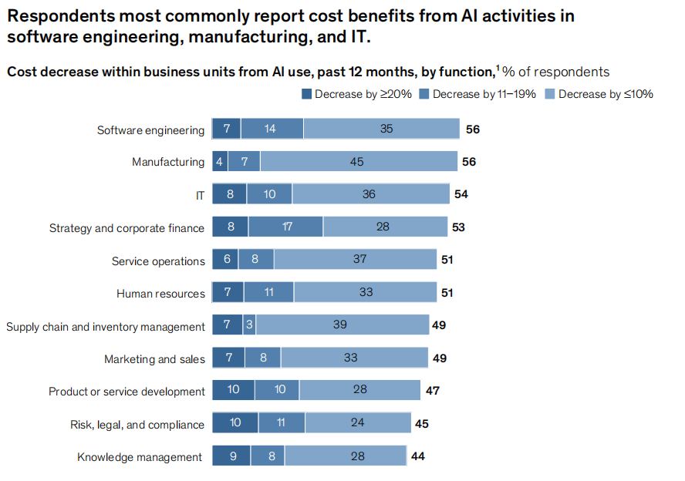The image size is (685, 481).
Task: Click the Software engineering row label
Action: click(150, 130)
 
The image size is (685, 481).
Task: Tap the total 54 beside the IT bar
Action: click(461, 194)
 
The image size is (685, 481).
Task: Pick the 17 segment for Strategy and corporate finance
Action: click(286, 227)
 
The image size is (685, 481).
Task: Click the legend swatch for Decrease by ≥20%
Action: click(306, 94)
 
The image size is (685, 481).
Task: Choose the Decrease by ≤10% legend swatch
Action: click(550, 94)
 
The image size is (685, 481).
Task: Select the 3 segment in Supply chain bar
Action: click(249, 325)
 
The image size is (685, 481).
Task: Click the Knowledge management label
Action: click(140, 457)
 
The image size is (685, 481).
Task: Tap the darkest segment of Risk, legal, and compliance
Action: click(235, 423)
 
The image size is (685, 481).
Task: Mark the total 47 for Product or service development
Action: click(433, 391)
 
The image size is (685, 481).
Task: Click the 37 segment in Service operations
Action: click(359, 260)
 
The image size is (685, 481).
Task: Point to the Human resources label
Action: click(160, 293)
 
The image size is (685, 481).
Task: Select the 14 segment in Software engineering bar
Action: click(272, 129)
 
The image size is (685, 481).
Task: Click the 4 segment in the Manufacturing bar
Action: click(220, 162)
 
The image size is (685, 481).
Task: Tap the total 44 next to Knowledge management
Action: click(418, 456)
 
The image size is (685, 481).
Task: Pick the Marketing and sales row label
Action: click(154, 358)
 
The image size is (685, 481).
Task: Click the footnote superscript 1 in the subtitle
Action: click(498, 69)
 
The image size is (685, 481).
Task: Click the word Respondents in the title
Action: click(59, 15)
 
